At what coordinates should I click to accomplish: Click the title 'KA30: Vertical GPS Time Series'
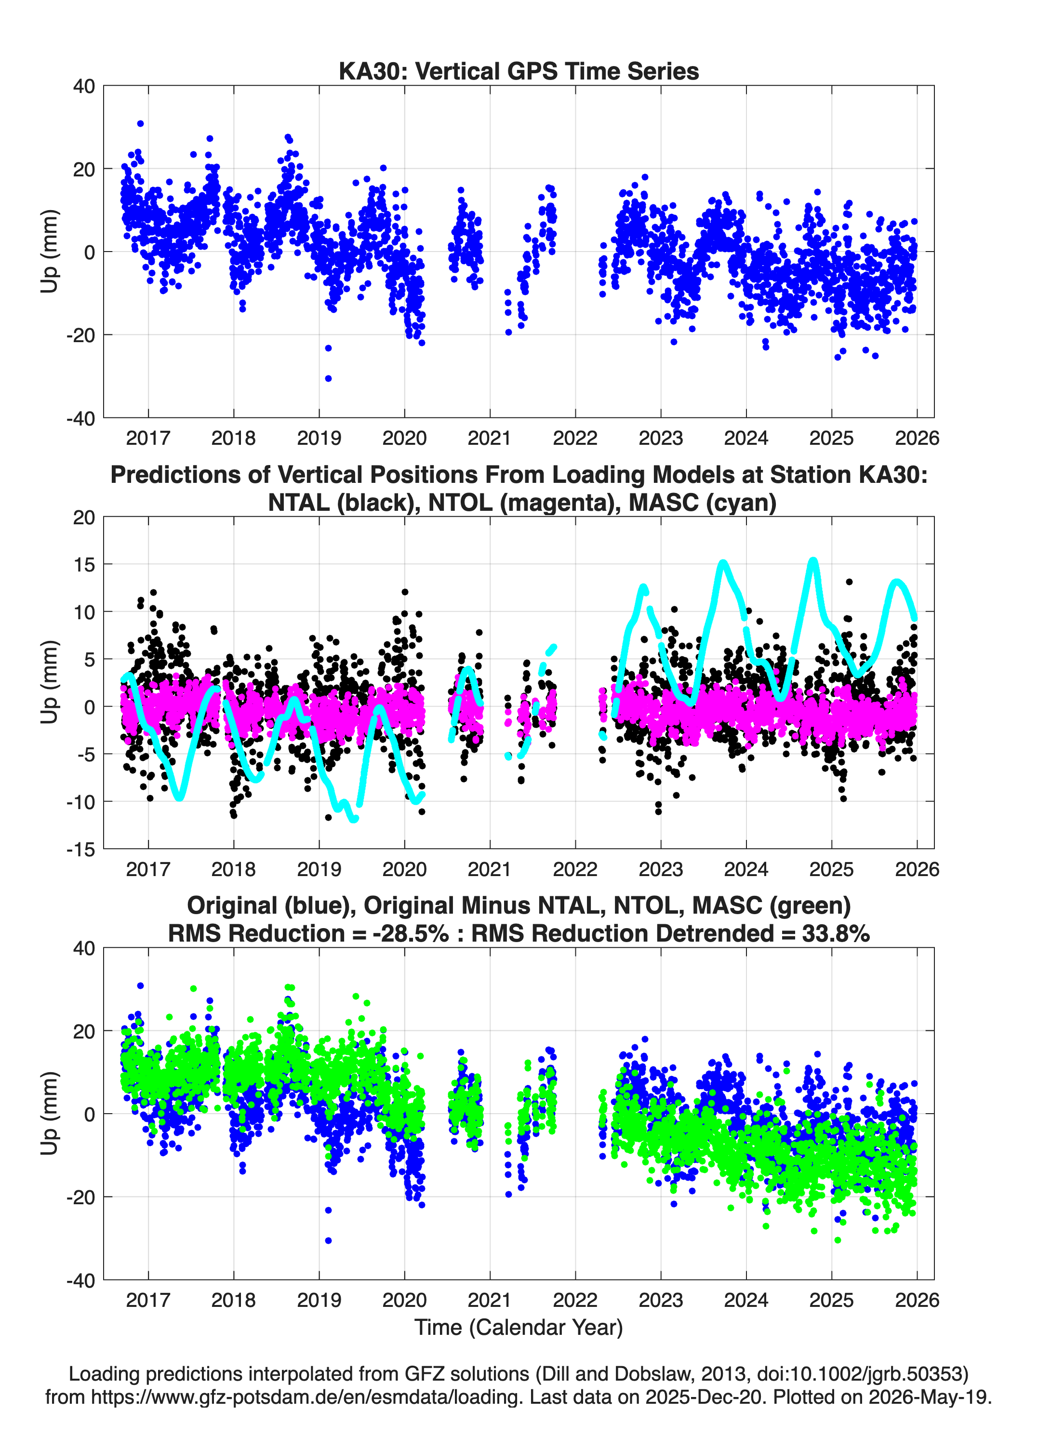pos(519,71)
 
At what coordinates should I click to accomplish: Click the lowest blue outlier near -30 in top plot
pos(328,378)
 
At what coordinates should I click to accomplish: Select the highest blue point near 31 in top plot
pos(141,123)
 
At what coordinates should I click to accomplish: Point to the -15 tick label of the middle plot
pos(81,849)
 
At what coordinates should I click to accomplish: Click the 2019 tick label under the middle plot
pos(319,869)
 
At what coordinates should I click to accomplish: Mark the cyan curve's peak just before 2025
pos(813,561)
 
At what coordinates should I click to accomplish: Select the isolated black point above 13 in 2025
pos(849,582)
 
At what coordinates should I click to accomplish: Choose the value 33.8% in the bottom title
pos(836,933)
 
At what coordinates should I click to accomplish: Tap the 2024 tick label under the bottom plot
pos(746,1300)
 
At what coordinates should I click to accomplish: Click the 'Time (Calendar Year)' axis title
pos(519,1327)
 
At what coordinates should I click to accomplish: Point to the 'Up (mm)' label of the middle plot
pos(50,682)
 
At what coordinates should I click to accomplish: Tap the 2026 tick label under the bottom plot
pos(917,1300)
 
